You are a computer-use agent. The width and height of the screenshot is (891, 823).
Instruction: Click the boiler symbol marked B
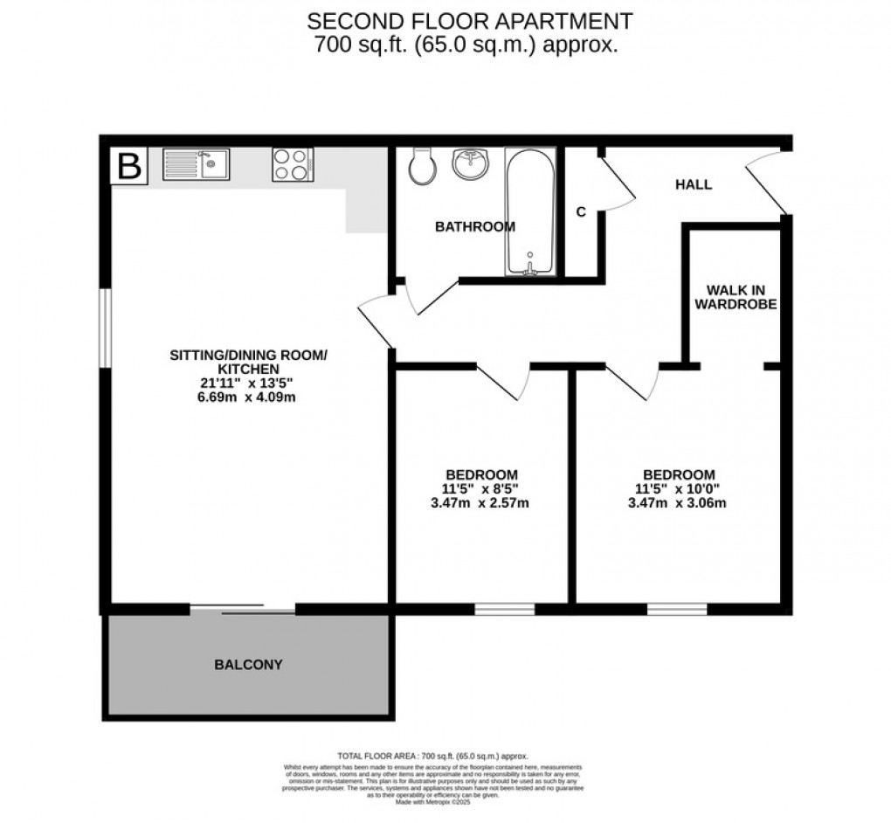pos(129,166)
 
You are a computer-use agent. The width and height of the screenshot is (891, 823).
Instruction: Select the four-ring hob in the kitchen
pos(293,164)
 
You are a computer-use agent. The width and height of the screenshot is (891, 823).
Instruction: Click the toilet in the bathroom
pos(421,166)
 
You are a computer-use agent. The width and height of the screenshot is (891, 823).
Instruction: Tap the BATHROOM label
pos(475,226)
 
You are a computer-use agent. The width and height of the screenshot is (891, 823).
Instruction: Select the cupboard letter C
pos(580,211)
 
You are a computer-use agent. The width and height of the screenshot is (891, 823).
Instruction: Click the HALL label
pos(693,184)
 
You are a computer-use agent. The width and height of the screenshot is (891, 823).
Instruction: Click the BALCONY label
pos(248,664)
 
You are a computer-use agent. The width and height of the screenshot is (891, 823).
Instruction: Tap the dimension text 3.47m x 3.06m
pos(677,502)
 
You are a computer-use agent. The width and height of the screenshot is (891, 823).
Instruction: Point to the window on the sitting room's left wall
pos(104,329)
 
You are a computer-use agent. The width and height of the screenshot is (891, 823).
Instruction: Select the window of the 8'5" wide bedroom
pos(505,608)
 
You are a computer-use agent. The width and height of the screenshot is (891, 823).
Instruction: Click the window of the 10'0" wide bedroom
pos(677,608)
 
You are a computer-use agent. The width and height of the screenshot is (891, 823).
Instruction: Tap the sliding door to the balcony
pos(243,609)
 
